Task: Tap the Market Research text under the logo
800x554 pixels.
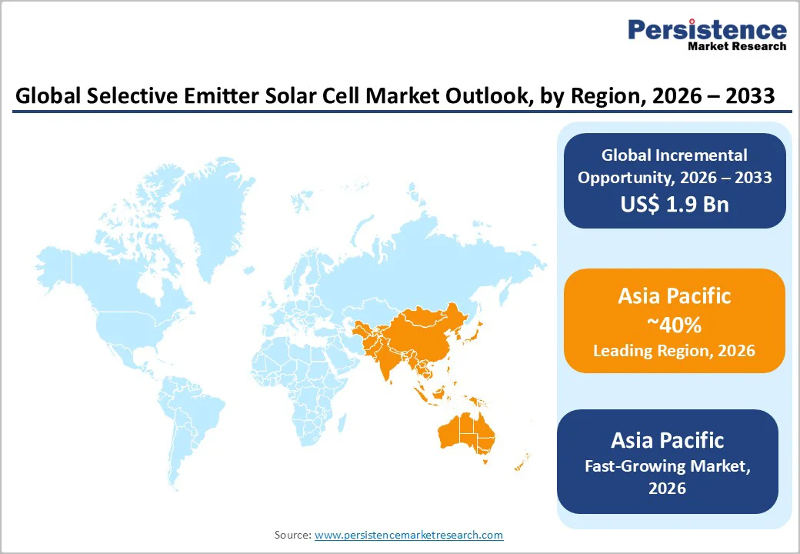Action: click(737, 47)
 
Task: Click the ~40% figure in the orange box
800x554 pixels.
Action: click(674, 325)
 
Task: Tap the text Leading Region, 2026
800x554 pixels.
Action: click(674, 351)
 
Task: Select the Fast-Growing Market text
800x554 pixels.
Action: click(667, 466)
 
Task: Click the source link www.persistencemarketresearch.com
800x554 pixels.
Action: click(408, 534)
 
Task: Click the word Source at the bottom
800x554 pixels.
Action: click(292, 534)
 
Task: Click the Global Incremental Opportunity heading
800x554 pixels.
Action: click(675, 166)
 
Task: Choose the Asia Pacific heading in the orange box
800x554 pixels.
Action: click(674, 296)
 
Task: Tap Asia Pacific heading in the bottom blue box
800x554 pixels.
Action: click(667, 440)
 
